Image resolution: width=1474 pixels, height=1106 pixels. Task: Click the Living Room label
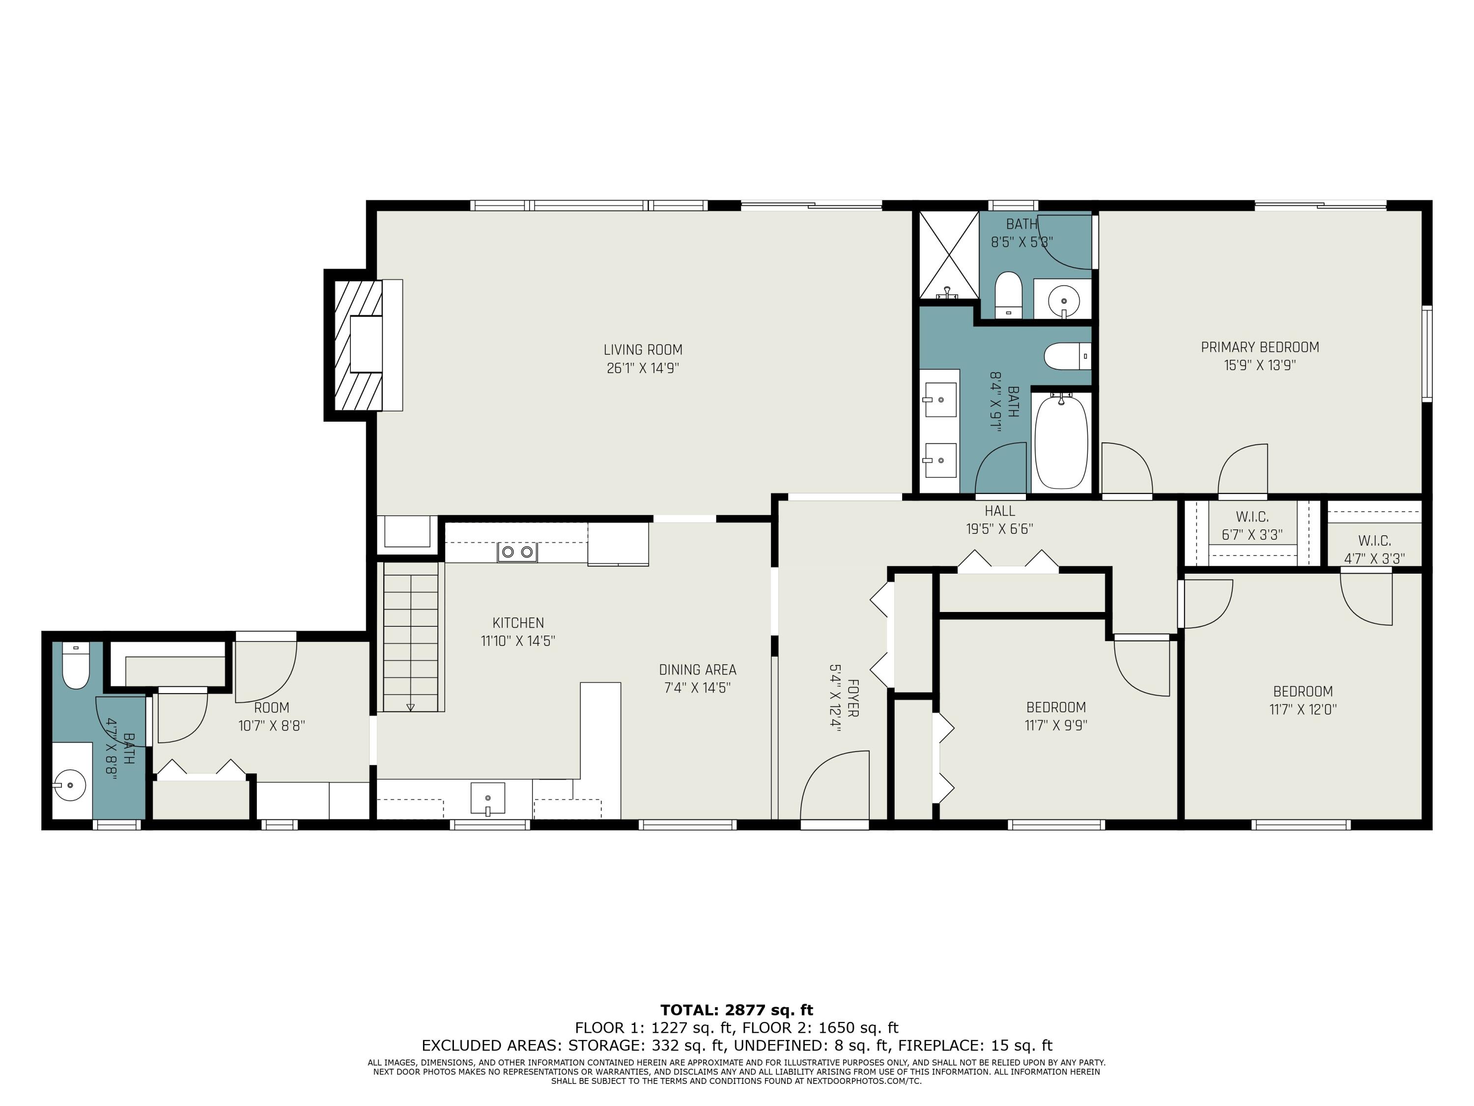point(643,349)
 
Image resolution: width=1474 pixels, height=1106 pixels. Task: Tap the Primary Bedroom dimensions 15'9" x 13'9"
point(1259,365)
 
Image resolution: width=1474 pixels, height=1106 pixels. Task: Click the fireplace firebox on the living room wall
point(366,344)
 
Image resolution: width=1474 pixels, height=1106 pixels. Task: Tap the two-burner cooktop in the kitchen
point(517,552)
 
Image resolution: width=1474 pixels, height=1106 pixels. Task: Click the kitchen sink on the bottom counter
point(488,798)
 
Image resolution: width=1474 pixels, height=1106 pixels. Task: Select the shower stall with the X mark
point(949,254)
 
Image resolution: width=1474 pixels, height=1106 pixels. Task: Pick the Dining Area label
point(698,669)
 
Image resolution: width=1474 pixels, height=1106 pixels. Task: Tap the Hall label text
point(999,511)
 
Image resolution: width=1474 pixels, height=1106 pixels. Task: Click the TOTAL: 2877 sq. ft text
point(737,1010)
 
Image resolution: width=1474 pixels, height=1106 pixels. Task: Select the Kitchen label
point(518,623)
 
